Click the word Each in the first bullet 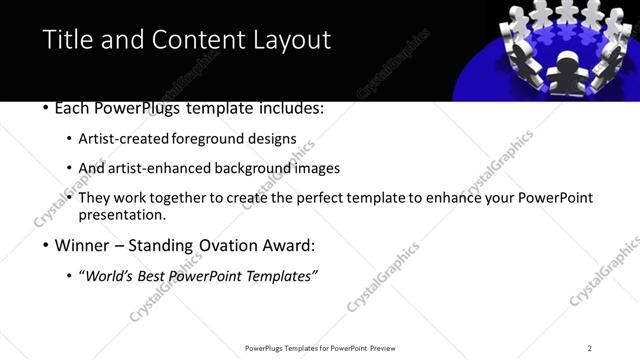(72, 107)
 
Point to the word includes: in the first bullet (290, 107)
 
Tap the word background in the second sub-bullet (261, 168)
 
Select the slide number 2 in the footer (590, 348)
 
